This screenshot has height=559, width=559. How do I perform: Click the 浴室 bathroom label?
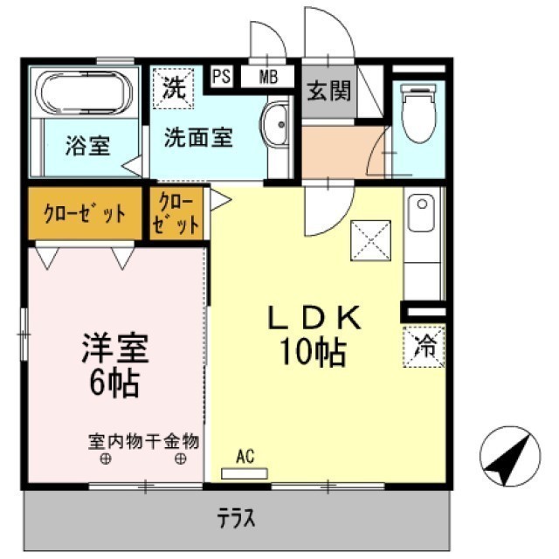tap(86, 146)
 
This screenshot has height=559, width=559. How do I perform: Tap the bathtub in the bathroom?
tap(85, 93)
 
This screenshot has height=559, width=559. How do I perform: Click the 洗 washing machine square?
tap(173, 87)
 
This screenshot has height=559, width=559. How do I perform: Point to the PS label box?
tap(221, 76)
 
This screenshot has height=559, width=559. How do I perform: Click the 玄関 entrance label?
tap(328, 90)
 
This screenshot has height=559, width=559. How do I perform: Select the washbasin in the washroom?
tap(277, 124)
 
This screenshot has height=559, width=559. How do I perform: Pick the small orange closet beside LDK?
tap(177, 213)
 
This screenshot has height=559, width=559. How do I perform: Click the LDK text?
tap(314, 321)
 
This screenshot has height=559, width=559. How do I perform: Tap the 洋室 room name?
tap(114, 349)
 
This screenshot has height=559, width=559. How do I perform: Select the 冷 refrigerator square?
tap(424, 347)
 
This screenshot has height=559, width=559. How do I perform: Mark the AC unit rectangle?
tap(245, 473)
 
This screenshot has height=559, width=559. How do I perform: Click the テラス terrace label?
tap(237, 519)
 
